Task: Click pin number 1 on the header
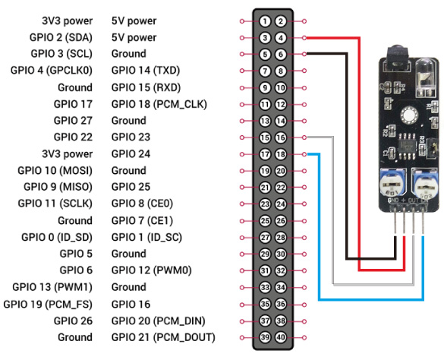(x=265, y=21)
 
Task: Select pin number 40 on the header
(x=281, y=337)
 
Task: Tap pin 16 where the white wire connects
(x=281, y=137)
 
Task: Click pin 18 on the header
(x=281, y=154)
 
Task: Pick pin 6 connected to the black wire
(x=281, y=54)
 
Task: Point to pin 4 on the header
(x=281, y=38)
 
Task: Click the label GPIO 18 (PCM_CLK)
(x=159, y=104)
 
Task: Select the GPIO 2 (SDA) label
(x=61, y=38)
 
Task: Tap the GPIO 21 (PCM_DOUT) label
(x=163, y=337)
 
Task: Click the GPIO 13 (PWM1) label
(x=52, y=287)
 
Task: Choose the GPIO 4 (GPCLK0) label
(x=52, y=71)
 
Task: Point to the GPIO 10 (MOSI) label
(x=55, y=171)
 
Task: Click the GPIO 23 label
(x=131, y=137)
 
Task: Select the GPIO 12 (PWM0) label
(x=152, y=270)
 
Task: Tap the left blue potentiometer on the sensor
(x=392, y=183)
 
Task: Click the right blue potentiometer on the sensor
(x=425, y=184)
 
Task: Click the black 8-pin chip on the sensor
(x=408, y=147)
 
